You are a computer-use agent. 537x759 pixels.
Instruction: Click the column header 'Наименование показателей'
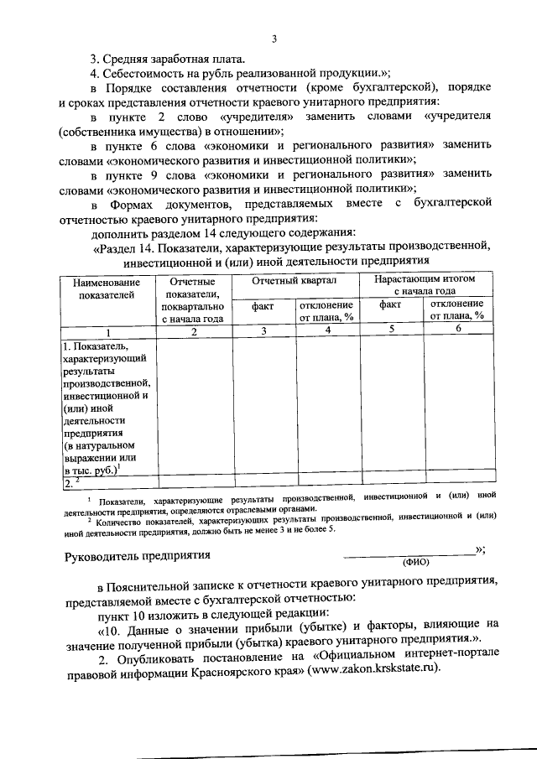click(106, 289)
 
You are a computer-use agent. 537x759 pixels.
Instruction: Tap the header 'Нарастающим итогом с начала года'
click(425, 284)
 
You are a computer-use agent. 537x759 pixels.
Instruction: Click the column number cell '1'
click(106, 331)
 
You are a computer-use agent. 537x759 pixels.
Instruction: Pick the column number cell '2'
click(194, 331)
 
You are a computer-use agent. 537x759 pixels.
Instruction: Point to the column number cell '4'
click(328, 330)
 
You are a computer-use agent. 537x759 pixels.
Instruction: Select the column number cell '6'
click(458, 330)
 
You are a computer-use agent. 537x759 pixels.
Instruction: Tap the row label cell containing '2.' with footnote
click(106, 482)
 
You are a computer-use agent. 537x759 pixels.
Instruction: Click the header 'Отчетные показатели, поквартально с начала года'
click(194, 299)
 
